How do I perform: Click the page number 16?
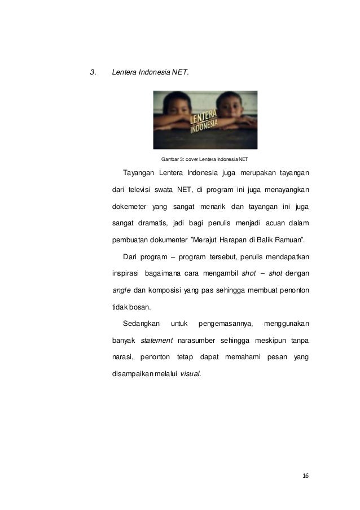pos(305,476)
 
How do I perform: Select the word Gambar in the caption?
pos(170,159)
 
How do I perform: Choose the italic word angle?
pos(118,290)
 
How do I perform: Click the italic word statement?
pos(156,341)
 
